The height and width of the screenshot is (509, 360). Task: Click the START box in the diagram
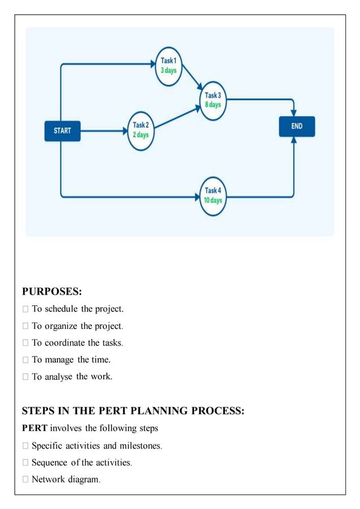(62, 131)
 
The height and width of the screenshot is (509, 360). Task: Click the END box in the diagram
(297, 126)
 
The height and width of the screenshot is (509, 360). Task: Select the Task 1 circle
(168, 66)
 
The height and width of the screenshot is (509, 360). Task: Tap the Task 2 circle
(141, 130)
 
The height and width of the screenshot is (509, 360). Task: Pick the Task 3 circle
(213, 100)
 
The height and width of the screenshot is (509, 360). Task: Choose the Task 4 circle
(213, 196)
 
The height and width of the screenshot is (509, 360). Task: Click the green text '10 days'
(213, 200)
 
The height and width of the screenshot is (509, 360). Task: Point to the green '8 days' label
(213, 105)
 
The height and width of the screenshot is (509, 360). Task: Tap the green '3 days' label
(168, 71)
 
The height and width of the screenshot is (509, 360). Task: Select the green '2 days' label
(141, 135)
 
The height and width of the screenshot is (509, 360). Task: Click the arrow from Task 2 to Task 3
(176, 116)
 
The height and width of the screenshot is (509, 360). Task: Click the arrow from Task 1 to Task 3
(191, 80)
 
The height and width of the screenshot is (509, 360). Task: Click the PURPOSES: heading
(52, 291)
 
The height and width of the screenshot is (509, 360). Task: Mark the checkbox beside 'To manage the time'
(25, 359)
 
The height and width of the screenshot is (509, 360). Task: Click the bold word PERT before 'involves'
(34, 428)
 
